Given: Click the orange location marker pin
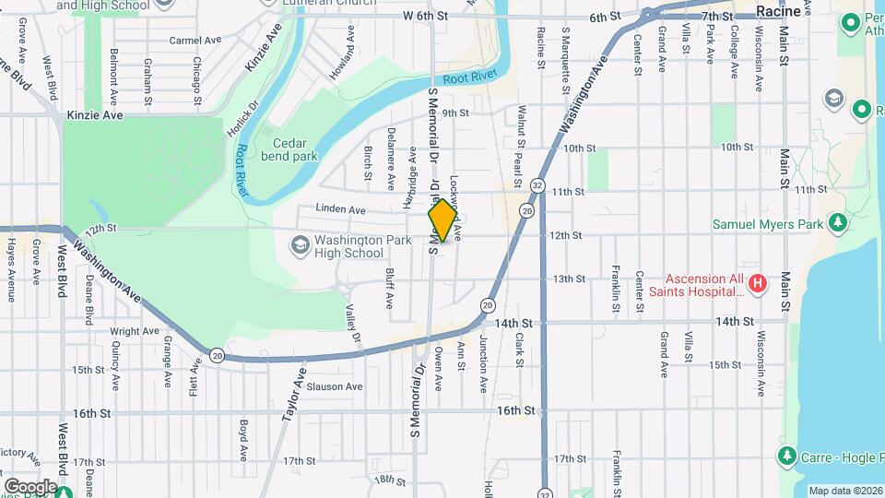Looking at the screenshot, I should coord(442,220).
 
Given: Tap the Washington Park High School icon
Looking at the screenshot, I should coord(300,245).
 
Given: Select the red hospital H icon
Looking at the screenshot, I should coord(757,283).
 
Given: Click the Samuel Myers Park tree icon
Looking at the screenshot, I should coord(837,222).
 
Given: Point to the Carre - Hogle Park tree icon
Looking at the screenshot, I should coord(785,456).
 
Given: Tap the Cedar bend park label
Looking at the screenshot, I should coord(294,149).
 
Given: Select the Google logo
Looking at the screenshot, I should coord(30,486).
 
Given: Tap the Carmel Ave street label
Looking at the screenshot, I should coord(190,41).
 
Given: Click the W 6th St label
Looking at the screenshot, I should coord(424,17).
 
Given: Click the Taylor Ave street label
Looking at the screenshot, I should coord(294,395).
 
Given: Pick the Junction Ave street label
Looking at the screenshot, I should coord(483,363).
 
